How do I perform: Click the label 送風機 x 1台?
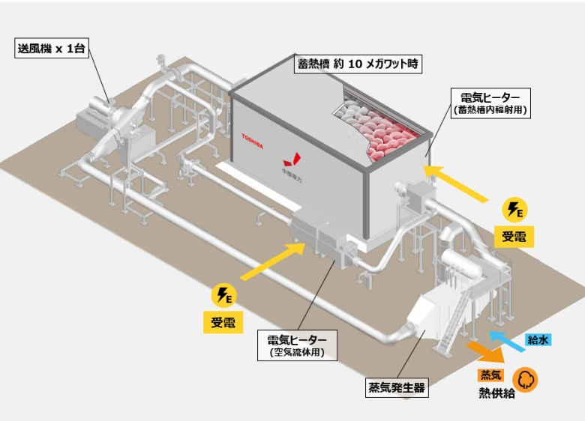[52, 50]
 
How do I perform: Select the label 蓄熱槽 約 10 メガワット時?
[358, 64]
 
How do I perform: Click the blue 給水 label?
[538, 340]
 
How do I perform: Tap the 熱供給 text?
[497, 393]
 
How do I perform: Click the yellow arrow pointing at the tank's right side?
[459, 184]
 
